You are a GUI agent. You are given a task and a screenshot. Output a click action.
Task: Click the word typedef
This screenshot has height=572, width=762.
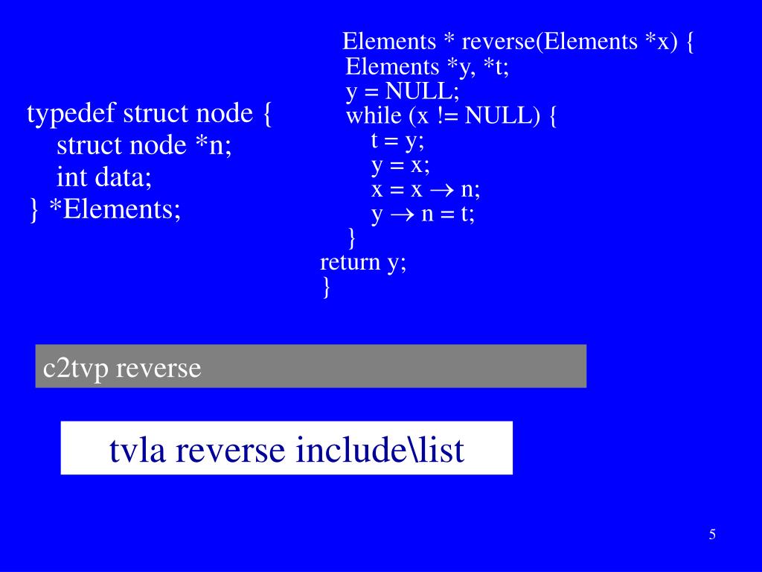[71, 115]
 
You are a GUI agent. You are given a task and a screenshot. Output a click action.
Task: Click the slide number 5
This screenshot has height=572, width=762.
[712, 534]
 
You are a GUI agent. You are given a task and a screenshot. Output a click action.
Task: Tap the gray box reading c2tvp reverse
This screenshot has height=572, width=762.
[310, 366]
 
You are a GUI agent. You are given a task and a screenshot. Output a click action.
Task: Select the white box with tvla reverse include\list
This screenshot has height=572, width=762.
[286, 448]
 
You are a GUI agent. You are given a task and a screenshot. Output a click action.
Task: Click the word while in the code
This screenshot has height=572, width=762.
[373, 116]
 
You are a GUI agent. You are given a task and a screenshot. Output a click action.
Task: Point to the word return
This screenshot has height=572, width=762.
[350, 262]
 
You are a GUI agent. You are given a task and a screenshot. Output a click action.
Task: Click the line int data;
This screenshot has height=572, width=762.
[104, 177]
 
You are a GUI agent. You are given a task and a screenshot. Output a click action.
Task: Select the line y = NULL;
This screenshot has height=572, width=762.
[403, 92]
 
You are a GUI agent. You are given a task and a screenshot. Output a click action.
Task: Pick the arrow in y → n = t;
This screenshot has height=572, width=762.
[402, 214]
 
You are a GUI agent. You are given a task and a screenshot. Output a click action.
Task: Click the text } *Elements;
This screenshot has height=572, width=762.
[104, 209]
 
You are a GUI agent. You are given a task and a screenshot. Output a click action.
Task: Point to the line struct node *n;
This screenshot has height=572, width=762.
[144, 145]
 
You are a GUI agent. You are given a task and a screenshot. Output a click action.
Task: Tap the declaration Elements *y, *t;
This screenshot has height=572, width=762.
[427, 67]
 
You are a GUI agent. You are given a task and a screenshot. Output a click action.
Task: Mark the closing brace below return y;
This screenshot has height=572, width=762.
[327, 287]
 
